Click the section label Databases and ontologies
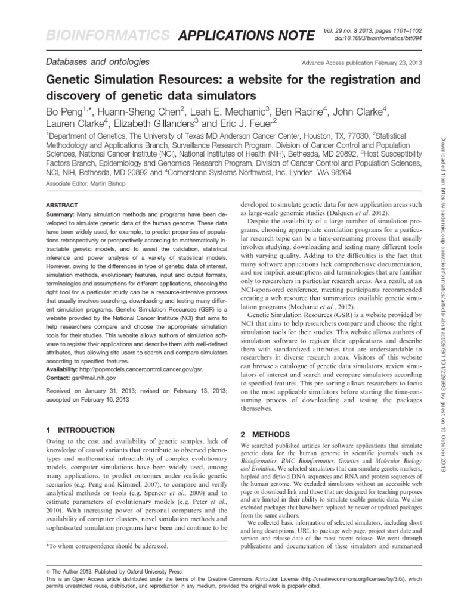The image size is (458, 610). coord(98,61)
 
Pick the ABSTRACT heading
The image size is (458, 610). coord(62,204)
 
